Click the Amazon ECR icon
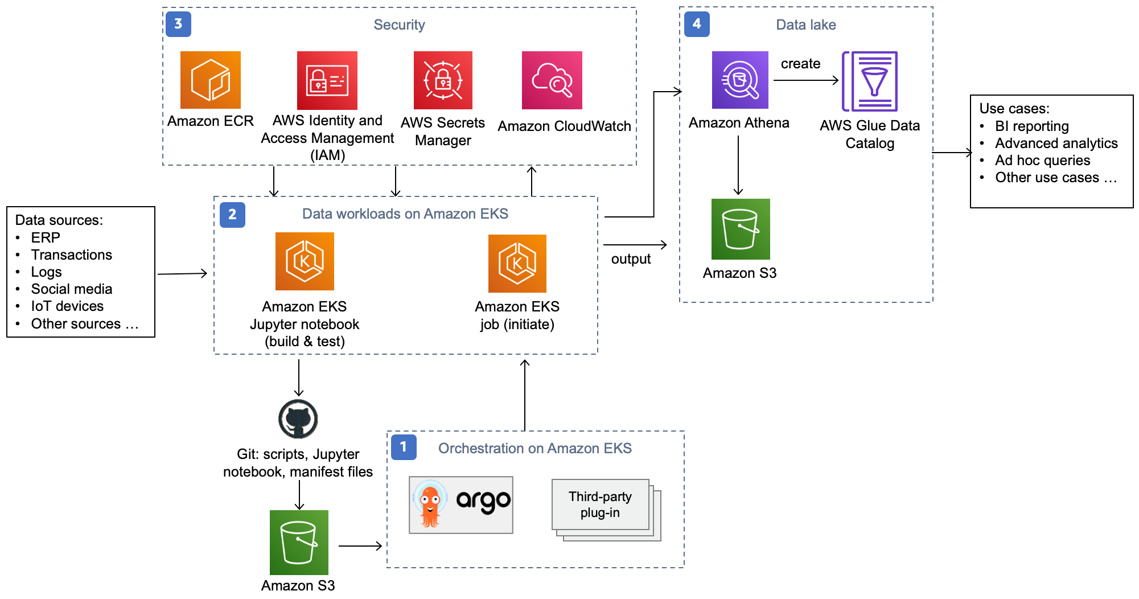[210, 80]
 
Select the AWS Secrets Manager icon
[443, 80]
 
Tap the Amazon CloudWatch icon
[552, 80]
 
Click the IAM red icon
[327, 80]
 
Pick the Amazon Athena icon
[739, 80]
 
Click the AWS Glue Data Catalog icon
[870, 81]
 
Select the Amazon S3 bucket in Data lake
[740, 229]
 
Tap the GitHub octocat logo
[298, 419]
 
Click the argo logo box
[460, 504]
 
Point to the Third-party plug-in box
[601, 504]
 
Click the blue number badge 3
[178, 24]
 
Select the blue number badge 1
[404, 447]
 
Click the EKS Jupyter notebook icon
[305, 261]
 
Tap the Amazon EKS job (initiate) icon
[517, 263]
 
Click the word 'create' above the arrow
[800, 64]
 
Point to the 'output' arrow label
[631, 259]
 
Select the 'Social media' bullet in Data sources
[72, 289]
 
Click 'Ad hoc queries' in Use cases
[1042, 161]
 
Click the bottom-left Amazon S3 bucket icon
[299, 542]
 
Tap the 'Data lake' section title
[805, 24]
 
